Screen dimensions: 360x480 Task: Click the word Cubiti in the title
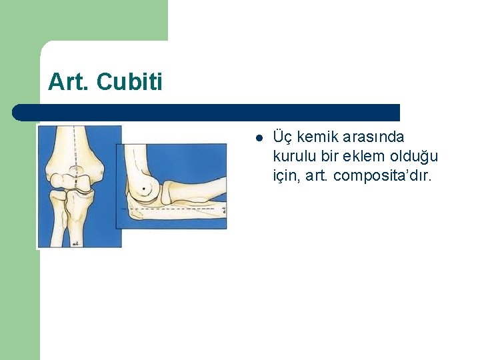pyautogui.click(x=129, y=82)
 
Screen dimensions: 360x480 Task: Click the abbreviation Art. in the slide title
pyautogui.click(x=69, y=82)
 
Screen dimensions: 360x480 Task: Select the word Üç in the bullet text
pyautogui.click(x=283, y=137)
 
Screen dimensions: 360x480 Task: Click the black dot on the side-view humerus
pyautogui.click(x=141, y=191)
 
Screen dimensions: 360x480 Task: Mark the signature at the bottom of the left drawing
pyautogui.click(x=75, y=243)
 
